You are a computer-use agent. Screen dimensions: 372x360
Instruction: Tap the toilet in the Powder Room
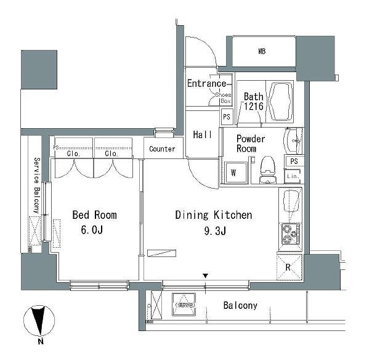pos(268,170)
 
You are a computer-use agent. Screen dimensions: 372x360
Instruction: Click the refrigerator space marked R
pos(289,267)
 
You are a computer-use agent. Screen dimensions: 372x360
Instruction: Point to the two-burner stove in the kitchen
pos(291,234)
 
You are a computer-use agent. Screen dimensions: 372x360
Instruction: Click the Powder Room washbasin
pos(293,141)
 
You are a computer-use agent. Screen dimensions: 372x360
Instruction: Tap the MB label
pos(262,51)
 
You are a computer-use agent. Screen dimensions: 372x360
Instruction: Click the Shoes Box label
pos(224,97)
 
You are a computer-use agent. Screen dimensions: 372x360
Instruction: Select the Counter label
pos(162,149)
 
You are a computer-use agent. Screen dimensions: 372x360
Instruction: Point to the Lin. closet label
pos(293,176)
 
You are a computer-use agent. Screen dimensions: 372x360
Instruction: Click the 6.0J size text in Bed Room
pos(92,230)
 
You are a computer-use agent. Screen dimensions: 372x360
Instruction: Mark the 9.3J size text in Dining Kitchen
pos(215,231)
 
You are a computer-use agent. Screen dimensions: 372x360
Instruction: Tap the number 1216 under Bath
pos(254,106)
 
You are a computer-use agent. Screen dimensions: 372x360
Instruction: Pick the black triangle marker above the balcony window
pos(206,276)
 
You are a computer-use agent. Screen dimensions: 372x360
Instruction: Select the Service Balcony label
pos(36,185)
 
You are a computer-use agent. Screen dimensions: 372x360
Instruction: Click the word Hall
pos(203,134)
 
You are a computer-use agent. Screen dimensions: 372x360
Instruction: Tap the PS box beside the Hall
pos(227,117)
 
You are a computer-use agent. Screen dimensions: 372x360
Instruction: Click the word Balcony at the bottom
pos(240,305)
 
